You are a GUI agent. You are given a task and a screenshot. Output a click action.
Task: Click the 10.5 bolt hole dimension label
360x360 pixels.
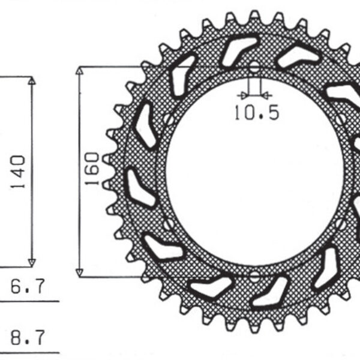256,113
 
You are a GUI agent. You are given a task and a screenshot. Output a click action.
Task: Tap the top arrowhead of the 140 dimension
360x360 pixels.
32,80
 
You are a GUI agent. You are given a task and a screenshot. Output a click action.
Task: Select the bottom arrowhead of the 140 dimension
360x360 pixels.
32,262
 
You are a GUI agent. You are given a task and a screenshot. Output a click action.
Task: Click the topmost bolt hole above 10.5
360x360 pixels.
255,67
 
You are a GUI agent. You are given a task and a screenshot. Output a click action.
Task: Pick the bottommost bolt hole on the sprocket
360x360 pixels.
254,277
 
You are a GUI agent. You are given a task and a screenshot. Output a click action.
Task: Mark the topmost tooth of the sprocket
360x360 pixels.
255,16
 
